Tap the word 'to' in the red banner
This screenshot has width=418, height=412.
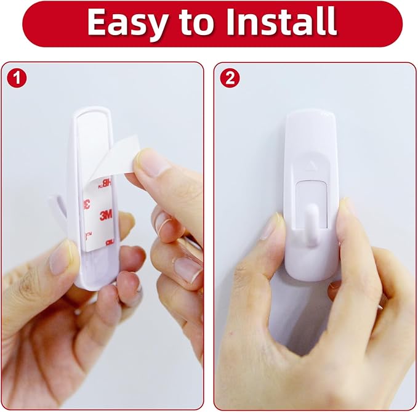[196, 23]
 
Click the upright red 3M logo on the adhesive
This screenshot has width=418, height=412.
[106, 215]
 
